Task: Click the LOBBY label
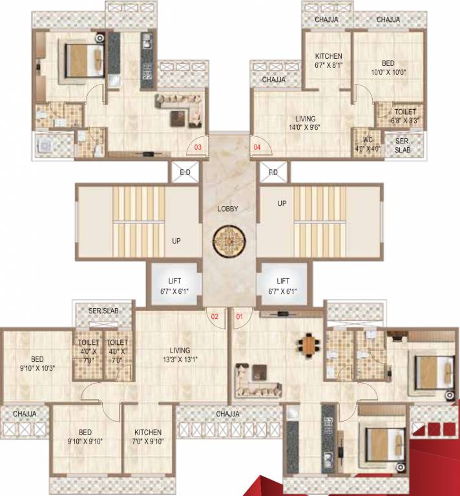pos(227,209)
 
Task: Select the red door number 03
pos(198,147)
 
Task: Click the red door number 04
pos(257,147)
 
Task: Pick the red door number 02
pos(214,316)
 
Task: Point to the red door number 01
pos(240,316)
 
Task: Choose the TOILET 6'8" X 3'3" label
pos(404,115)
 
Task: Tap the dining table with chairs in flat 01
pos(311,345)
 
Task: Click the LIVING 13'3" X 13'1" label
pos(180,355)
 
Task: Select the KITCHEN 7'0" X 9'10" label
pos(148,437)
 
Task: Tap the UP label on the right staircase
pos(281,203)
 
